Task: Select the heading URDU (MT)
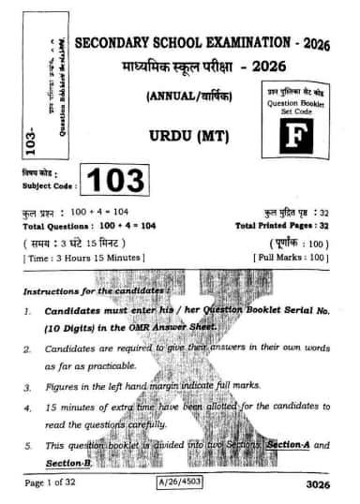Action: click(197, 136)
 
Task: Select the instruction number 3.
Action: click(28, 386)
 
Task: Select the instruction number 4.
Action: click(28, 408)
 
